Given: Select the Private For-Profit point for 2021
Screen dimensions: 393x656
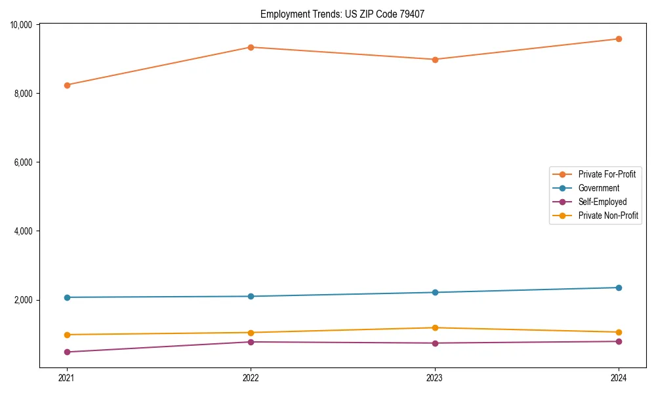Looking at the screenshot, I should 67,85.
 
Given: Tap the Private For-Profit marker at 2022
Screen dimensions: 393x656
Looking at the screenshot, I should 251,47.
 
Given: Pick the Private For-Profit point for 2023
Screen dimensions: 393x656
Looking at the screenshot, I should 435,60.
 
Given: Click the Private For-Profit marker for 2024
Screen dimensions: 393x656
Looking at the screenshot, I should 619,39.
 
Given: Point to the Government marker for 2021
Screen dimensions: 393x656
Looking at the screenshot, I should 67,297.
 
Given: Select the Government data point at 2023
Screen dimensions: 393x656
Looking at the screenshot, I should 435,292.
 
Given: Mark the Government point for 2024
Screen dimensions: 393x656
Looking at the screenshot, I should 619,288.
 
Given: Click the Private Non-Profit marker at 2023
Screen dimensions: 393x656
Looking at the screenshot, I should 435,327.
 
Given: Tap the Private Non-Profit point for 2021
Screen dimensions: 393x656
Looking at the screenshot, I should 67,335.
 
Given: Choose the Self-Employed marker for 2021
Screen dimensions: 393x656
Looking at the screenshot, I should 67,352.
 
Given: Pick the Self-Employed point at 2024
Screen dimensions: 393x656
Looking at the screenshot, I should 619,341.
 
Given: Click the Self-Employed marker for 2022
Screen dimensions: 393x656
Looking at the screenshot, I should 251,342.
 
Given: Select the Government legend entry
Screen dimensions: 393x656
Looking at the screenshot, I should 598,188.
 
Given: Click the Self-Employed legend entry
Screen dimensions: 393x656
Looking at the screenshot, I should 602,202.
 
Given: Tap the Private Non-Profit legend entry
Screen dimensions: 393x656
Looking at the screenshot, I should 608,215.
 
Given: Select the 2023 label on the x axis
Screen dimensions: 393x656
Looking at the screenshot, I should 435,378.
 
